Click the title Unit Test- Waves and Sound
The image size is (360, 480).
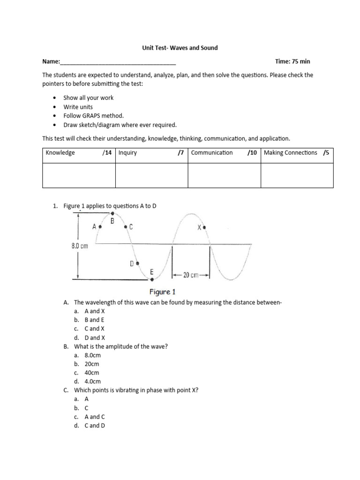click(180, 48)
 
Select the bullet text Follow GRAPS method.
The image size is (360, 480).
click(94, 116)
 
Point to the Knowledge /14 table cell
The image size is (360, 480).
click(78, 153)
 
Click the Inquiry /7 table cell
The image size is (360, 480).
click(151, 153)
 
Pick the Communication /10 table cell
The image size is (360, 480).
click(224, 153)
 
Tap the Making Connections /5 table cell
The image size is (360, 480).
click(297, 153)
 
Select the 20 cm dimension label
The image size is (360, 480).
click(191, 275)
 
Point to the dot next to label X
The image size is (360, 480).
click(204, 227)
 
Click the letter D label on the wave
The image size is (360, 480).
click(132, 263)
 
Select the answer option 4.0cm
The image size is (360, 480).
click(92, 381)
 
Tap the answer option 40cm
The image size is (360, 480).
click(92, 373)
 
